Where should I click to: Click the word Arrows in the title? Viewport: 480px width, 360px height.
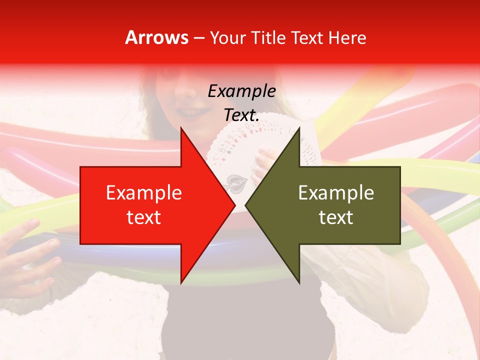coord(156,37)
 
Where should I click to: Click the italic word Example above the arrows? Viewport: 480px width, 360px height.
coord(241,91)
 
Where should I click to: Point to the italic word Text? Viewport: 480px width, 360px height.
coord(241,115)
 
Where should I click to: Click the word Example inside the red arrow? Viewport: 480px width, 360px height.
coord(143,193)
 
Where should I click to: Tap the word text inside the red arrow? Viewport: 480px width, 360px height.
coord(143,217)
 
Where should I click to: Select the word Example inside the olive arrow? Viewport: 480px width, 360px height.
coord(336,193)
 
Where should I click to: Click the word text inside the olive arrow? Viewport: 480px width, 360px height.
coord(336,217)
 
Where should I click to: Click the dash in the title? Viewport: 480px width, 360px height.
coord(198,38)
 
